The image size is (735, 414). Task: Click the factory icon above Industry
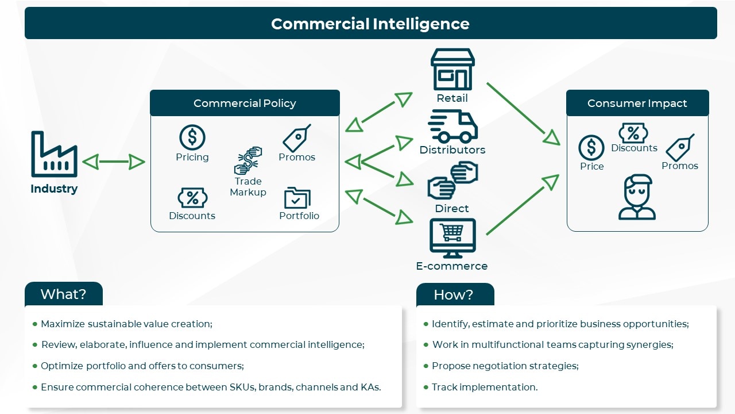coord(54,154)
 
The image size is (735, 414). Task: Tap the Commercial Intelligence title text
coord(370,24)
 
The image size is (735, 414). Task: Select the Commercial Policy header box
coord(245,103)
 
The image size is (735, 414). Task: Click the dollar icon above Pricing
coord(192,137)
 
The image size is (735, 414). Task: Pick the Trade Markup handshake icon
coord(248,161)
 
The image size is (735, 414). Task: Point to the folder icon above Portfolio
coord(297,198)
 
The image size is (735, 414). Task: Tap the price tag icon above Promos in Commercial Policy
coord(297,138)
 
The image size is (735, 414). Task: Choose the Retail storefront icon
coord(452,69)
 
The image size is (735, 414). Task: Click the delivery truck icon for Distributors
coord(452,126)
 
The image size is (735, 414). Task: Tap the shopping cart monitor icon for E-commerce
coord(452,238)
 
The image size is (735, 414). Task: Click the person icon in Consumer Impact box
coord(637,197)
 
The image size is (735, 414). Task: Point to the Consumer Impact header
coord(637,103)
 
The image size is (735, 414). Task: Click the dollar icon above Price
coord(591,148)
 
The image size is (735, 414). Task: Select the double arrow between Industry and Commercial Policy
coord(114,162)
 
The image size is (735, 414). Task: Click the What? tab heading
coord(63,294)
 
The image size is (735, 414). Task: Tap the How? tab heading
coord(454,295)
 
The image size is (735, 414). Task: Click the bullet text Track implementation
coord(485,387)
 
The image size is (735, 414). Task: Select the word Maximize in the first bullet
coord(61,324)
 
